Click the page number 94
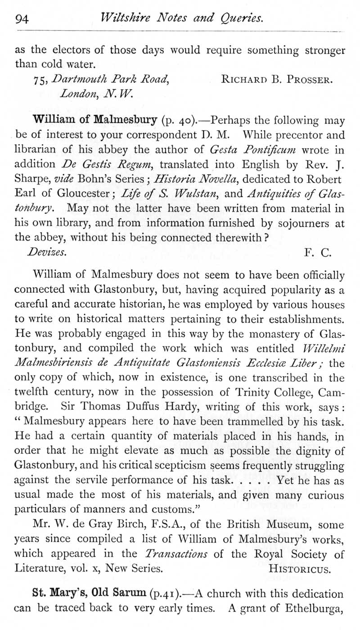pyautogui.click(x=22, y=18)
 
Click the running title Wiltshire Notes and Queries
pyautogui.click(x=182, y=18)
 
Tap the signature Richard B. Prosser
pyautogui.click(x=277, y=81)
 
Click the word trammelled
pyautogui.click(x=267, y=423)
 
